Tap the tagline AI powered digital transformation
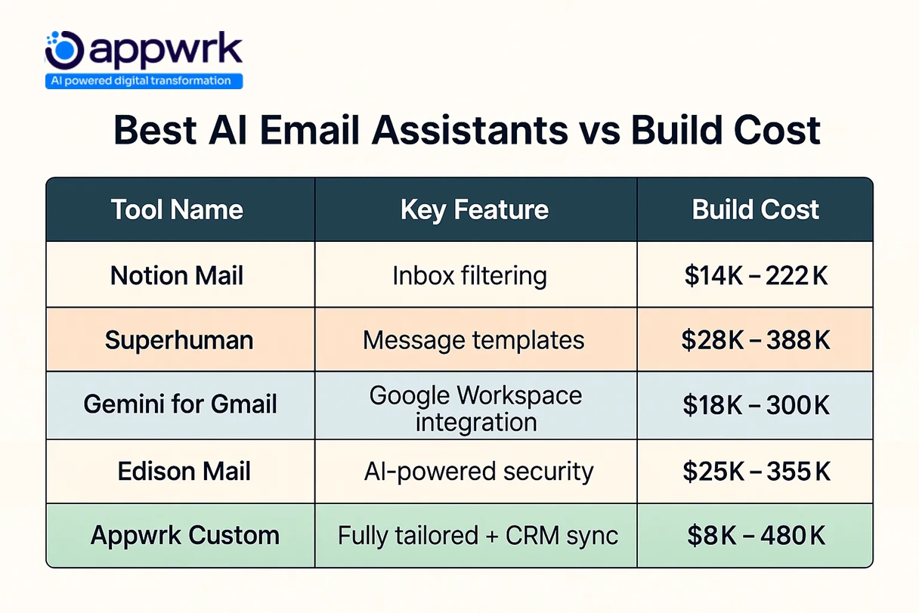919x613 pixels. [x=144, y=81]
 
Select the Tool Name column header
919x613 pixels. [x=177, y=209]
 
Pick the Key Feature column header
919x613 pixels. [x=475, y=209]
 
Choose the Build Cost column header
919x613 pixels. [x=755, y=209]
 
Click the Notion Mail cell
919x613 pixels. [x=177, y=275]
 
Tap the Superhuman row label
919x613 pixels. [x=178, y=339]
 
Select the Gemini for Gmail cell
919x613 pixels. [x=180, y=404]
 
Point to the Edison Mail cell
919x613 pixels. [x=184, y=472]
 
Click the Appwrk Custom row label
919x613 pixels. [x=184, y=536]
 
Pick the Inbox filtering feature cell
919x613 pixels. [x=469, y=275]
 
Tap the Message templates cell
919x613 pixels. [x=474, y=339]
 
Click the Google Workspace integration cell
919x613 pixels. [x=475, y=408]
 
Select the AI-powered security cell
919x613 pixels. [x=478, y=472]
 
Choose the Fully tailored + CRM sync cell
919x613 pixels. [x=478, y=536]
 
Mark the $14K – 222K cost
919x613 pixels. [x=756, y=275]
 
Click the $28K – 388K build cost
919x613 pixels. [x=756, y=339]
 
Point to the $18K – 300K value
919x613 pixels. [x=756, y=405]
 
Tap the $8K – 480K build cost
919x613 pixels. [x=756, y=536]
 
